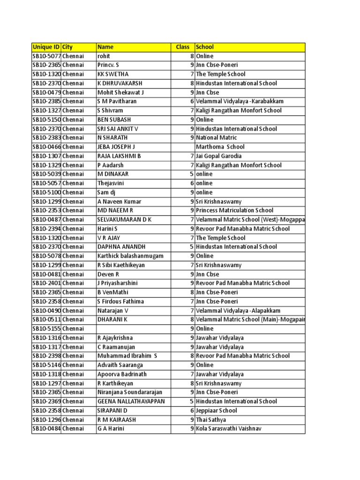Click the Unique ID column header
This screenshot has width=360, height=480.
point(46,47)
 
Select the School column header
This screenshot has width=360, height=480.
point(205,47)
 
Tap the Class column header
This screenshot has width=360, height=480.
point(182,47)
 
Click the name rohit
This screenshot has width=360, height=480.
point(104,56)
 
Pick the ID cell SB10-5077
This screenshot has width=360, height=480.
point(46,56)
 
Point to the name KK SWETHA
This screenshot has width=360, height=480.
point(112,74)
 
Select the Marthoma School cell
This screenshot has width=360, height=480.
point(220,147)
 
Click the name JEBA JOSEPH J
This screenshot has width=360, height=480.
point(116,147)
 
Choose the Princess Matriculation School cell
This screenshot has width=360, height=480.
point(234,210)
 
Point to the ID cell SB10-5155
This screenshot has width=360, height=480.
point(46,329)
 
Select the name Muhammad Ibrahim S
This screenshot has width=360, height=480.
point(127,356)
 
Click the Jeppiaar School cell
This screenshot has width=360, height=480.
point(217,410)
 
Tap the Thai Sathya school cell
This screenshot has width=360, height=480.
point(211,420)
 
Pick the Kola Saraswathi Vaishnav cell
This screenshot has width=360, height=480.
point(229,428)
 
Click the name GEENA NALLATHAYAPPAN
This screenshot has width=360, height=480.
point(131,401)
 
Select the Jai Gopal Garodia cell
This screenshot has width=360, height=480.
point(219,156)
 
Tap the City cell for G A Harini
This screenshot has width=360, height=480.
point(73,428)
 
